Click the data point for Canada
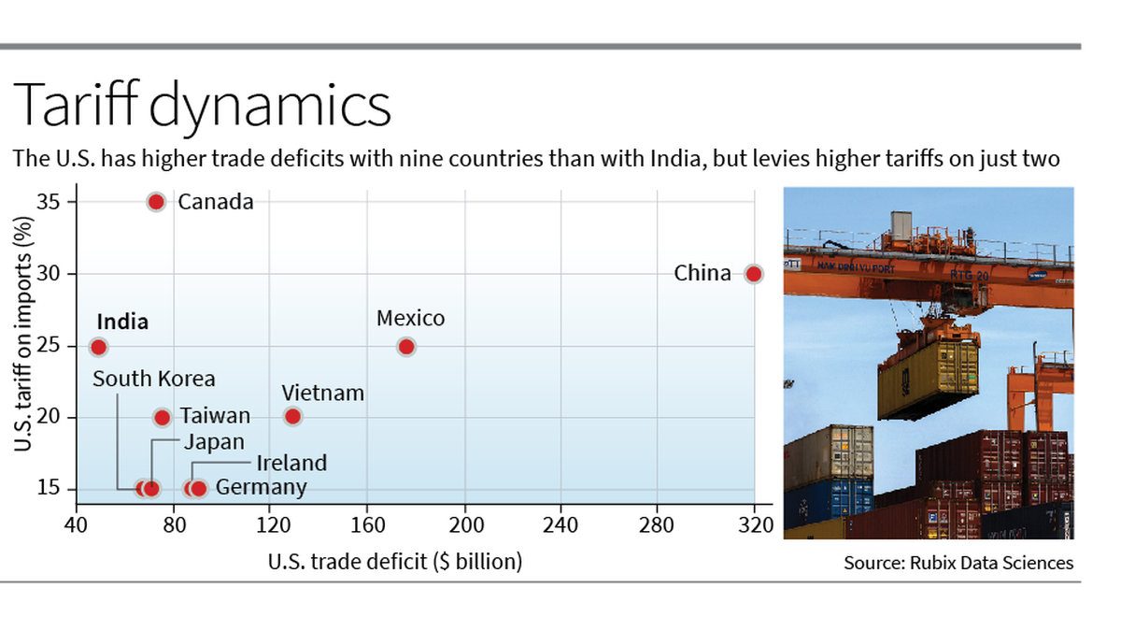[x=156, y=202]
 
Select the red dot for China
[x=753, y=274]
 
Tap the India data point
[x=98, y=347]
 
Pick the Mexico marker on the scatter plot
[x=405, y=347]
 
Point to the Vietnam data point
[x=292, y=416]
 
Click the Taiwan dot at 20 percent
[x=162, y=417]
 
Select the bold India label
[x=122, y=322]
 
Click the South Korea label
[x=154, y=379]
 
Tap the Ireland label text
[x=291, y=463]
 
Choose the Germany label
[x=261, y=487]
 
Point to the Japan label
[x=213, y=442]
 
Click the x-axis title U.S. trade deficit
[x=394, y=562]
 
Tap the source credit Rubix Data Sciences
[x=958, y=563]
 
